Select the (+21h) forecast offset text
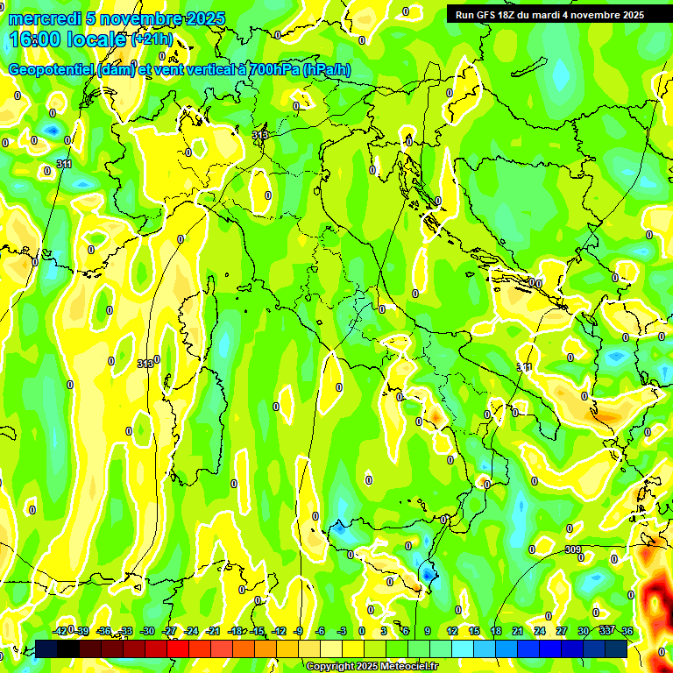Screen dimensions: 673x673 [x=152, y=39]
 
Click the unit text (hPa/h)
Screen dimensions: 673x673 [x=327, y=71]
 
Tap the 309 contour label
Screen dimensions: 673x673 [x=572, y=549]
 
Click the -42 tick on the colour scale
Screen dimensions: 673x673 [x=60, y=631]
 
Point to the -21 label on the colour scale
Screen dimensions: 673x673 [x=213, y=631]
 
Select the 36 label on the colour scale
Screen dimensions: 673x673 [x=627, y=631]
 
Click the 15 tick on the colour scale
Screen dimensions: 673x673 [x=474, y=631]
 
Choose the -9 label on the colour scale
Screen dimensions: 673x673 [x=298, y=631]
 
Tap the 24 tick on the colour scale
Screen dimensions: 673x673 [x=540, y=631]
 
